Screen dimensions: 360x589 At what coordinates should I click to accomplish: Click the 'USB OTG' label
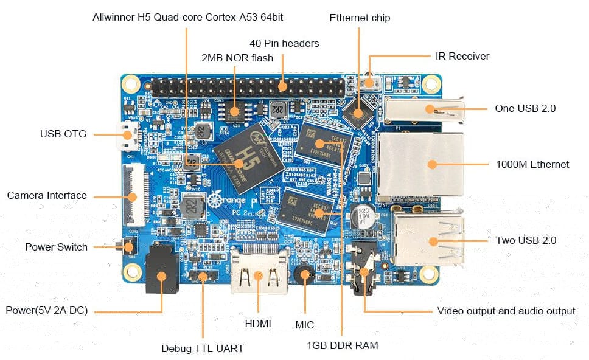point(63,134)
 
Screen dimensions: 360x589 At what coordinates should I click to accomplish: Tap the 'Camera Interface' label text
point(47,196)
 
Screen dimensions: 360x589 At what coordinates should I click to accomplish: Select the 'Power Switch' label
point(56,247)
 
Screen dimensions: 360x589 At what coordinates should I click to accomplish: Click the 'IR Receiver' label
point(462,56)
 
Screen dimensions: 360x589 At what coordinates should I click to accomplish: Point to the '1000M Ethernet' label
point(532,164)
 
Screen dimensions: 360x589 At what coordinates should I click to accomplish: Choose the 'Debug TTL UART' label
point(203,348)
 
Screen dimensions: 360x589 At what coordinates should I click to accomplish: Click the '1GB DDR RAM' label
point(343,345)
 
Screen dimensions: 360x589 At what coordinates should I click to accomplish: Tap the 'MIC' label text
point(304,325)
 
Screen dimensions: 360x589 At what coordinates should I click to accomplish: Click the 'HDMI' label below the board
point(257,323)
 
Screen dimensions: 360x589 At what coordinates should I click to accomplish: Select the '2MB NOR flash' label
point(237,58)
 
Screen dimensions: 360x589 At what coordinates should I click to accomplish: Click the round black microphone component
point(304,275)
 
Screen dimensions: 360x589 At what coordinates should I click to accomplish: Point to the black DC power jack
point(161,275)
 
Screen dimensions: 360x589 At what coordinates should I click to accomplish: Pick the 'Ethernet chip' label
point(360,18)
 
